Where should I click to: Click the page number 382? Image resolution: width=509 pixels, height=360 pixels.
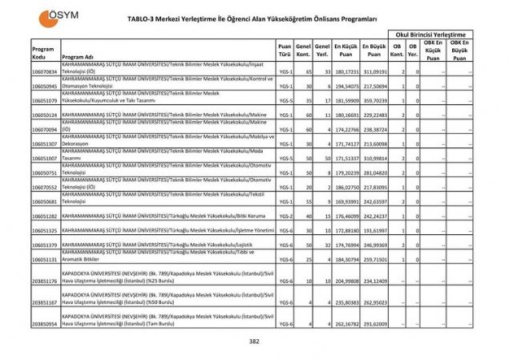255,342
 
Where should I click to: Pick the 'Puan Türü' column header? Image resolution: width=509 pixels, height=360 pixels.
285,53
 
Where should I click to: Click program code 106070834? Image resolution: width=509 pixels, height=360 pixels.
45,72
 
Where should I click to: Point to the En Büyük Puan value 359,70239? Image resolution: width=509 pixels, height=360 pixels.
374,101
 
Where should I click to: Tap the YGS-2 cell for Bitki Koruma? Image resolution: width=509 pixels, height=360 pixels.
285,216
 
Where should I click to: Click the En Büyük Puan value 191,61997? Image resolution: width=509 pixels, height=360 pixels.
374,230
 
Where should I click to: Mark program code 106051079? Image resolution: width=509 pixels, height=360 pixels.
45,101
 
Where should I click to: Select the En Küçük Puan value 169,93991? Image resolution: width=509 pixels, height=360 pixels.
346,201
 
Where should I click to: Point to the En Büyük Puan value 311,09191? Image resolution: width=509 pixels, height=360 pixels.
374,72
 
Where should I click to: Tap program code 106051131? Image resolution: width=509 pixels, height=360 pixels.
45,259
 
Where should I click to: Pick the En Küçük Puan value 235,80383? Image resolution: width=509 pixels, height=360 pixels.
346,302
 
